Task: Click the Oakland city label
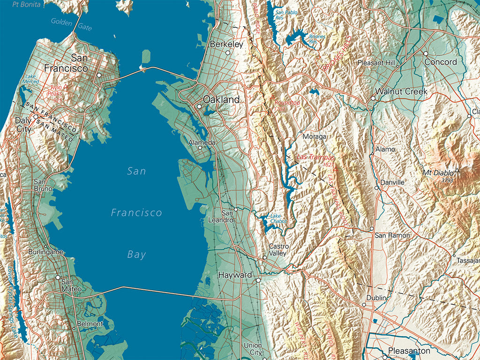(x=221, y=99)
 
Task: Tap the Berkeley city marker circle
(x=228, y=53)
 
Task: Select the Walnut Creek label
(x=402, y=91)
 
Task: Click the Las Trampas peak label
(x=316, y=157)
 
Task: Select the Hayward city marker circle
(x=258, y=280)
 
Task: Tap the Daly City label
(x=23, y=124)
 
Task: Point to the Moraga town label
(x=314, y=136)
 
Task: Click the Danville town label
(x=392, y=182)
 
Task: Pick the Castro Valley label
(x=278, y=250)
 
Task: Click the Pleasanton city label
(x=409, y=351)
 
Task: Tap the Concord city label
(x=441, y=62)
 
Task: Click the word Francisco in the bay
(x=136, y=213)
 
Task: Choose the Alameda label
(x=202, y=142)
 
